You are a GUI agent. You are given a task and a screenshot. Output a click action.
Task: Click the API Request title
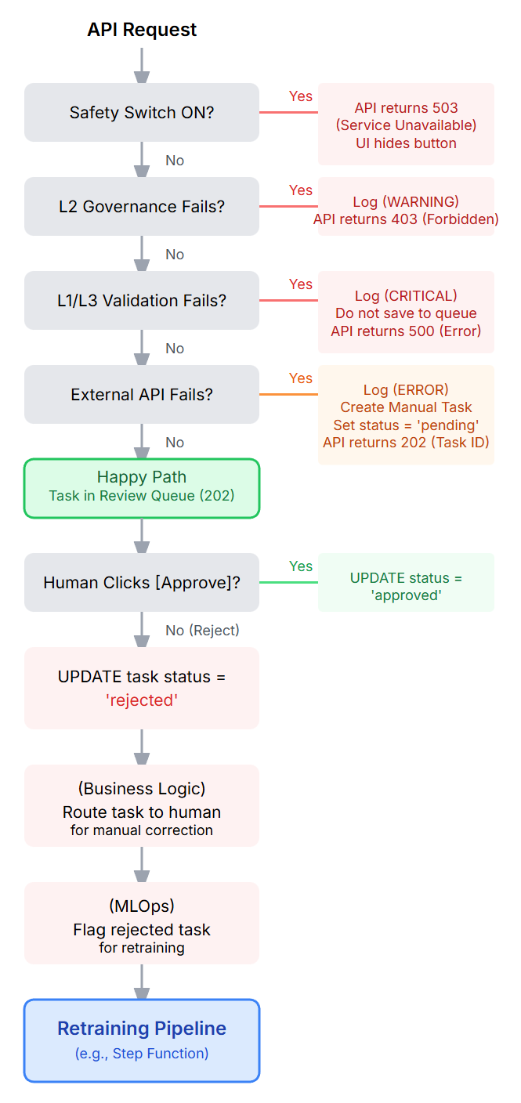[142, 30]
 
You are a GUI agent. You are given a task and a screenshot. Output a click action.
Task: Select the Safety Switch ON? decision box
[142, 112]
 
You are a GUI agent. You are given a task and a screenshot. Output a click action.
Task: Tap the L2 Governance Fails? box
[142, 206]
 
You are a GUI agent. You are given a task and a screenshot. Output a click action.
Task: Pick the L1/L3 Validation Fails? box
[142, 300]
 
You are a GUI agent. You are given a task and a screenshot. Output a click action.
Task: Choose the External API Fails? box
[142, 394]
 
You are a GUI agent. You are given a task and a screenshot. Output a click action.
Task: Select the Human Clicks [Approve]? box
[142, 582]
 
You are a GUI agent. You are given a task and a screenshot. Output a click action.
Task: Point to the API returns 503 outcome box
[406, 125]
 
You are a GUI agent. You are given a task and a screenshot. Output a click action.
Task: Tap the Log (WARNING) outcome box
[406, 206]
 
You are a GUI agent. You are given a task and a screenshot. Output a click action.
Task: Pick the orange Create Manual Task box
[406, 414]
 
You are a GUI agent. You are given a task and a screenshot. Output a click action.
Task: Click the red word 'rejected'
[142, 700]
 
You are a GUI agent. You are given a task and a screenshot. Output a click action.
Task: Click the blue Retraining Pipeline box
[142, 1040]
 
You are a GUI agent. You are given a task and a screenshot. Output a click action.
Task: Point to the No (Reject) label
[202, 631]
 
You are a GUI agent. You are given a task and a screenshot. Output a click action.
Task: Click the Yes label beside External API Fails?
[301, 378]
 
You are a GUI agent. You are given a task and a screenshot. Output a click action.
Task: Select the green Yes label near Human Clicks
[301, 566]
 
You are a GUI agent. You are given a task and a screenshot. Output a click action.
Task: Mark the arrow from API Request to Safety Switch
[142, 65]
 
